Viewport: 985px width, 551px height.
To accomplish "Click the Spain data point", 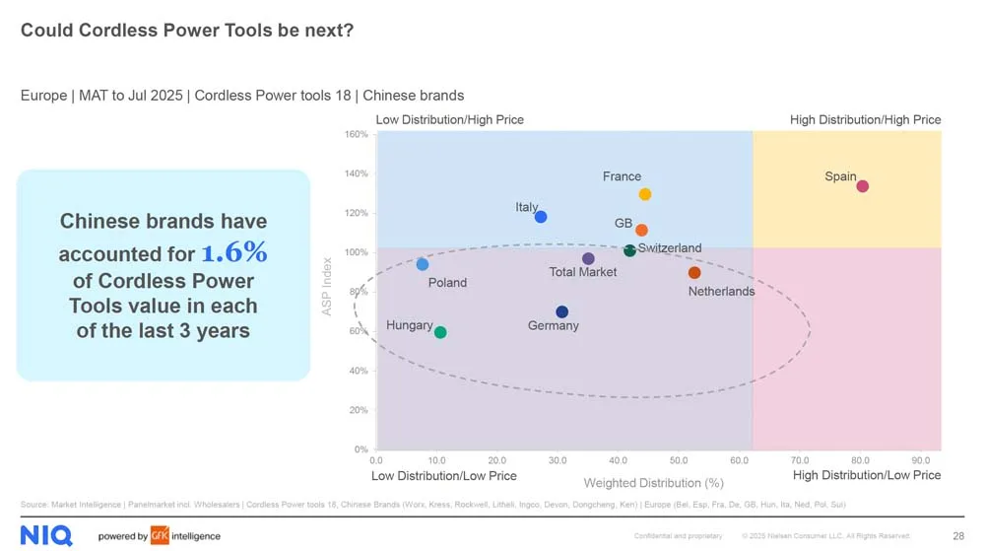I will (x=862, y=186).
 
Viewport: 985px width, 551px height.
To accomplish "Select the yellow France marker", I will (x=644, y=194).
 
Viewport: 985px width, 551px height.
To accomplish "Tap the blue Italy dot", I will (x=540, y=217).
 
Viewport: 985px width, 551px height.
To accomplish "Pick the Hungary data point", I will (x=440, y=332).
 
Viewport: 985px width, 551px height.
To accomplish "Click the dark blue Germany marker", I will (x=561, y=311).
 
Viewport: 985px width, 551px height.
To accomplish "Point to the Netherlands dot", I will (x=694, y=273).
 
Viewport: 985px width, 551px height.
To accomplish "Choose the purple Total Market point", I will (x=588, y=259).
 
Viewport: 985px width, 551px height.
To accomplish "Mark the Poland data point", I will (x=423, y=264).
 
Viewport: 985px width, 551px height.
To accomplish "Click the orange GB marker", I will (x=641, y=231).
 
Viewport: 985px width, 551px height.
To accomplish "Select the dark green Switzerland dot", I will (x=629, y=251).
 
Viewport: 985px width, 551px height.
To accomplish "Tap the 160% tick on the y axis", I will (x=357, y=134).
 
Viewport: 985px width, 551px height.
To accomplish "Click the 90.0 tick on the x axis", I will (x=920, y=459).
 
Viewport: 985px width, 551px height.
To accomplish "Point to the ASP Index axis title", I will (x=327, y=287).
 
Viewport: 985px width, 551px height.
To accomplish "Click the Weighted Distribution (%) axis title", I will (x=653, y=483).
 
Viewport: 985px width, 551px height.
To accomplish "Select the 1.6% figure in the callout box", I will (x=234, y=252).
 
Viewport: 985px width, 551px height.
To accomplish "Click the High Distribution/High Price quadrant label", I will (x=865, y=120).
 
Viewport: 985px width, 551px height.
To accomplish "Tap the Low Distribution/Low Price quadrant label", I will (x=443, y=476).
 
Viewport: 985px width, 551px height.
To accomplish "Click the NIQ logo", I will (x=45, y=536).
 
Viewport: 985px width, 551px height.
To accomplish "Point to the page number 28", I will (x=958, y=536).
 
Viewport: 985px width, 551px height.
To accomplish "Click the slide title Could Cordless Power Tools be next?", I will (x=187, y=31).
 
